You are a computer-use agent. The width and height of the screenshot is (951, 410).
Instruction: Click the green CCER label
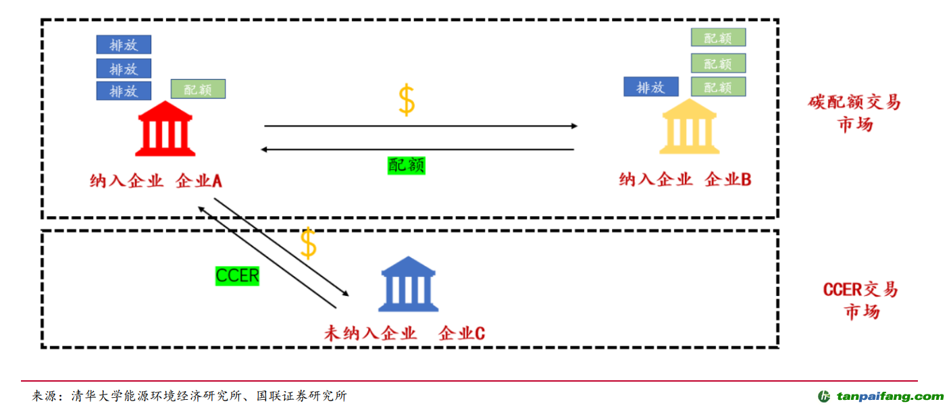(x=237, y=276)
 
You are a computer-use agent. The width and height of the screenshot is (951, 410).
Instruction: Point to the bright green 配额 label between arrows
(x=407, y=165)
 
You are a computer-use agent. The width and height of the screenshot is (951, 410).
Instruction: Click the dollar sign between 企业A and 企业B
(x=406, y=100)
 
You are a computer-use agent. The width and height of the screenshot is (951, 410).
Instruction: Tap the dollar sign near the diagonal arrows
(x=308, y=243)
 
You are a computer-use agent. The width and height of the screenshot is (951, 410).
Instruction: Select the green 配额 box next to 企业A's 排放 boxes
(x=198, y=89)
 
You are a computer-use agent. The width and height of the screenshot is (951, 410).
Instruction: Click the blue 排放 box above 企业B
(x=650, y=87)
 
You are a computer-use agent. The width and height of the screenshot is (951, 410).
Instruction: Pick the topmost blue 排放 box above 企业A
(x=124, y=45)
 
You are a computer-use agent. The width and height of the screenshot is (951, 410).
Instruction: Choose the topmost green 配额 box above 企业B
(x=718, y=37)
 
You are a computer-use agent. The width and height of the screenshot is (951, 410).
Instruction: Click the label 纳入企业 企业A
(x=156, y=181)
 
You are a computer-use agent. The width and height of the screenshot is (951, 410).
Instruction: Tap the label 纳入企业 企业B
(x=686, y=180)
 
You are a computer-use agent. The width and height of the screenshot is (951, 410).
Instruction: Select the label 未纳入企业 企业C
(x=404, y=333)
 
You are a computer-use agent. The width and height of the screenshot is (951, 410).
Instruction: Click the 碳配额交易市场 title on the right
(x=854, y=113)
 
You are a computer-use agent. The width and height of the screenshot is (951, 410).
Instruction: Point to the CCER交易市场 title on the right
(x=860, y=301)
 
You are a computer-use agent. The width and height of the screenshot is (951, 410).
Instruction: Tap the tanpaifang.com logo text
(x=890, y=396)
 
